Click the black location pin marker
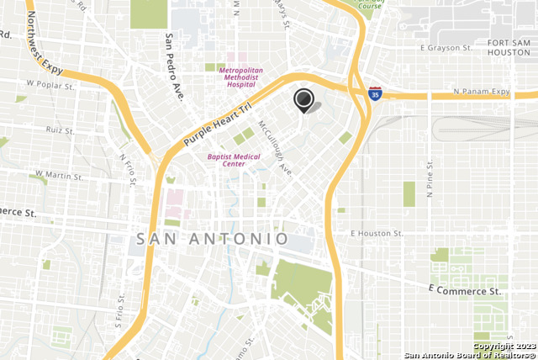pos(303,99)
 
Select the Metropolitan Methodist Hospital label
pos(241,77)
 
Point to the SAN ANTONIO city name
pos(212,239)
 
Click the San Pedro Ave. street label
pos(173,66)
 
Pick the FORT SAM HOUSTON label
pos(509,47)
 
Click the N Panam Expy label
pos(482,91)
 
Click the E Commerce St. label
pos(464,290)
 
